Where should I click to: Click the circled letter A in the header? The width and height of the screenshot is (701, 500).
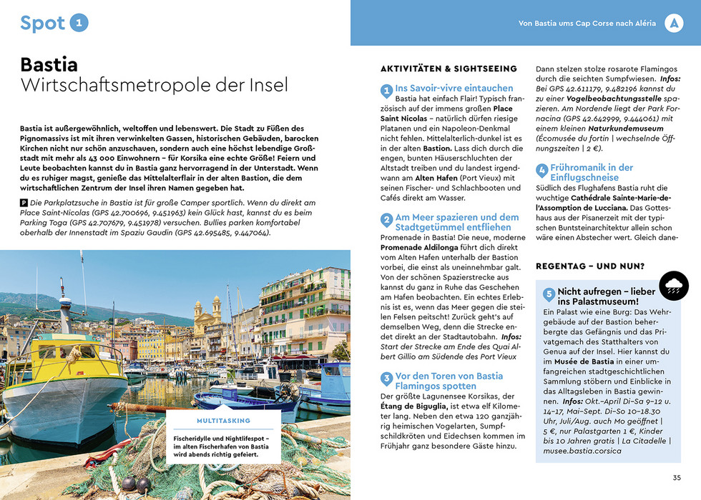tap(673, 23)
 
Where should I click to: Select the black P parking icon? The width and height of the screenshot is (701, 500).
tap(24, 204)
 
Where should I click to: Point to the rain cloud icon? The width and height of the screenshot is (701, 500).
tap(673, 286)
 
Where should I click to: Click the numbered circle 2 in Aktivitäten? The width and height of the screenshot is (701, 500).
tap(386, 221)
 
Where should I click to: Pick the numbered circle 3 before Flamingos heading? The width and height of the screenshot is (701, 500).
tap(386, 379)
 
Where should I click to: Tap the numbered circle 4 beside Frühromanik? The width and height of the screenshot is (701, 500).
tap(542, 171)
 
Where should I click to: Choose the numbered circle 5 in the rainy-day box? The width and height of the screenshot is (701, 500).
tap(549, 294)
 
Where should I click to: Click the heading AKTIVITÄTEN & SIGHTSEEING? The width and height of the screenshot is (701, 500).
tap(448, 69)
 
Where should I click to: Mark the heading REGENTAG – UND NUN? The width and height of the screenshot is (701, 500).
tap(590, 266)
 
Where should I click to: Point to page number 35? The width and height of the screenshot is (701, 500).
tap(677, 478)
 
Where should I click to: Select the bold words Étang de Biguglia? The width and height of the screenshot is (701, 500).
tap(416, 407)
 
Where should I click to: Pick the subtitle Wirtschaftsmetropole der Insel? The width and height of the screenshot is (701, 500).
tap(154, 86)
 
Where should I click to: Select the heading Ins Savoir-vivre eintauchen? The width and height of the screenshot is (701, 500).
tap(454, 88)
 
